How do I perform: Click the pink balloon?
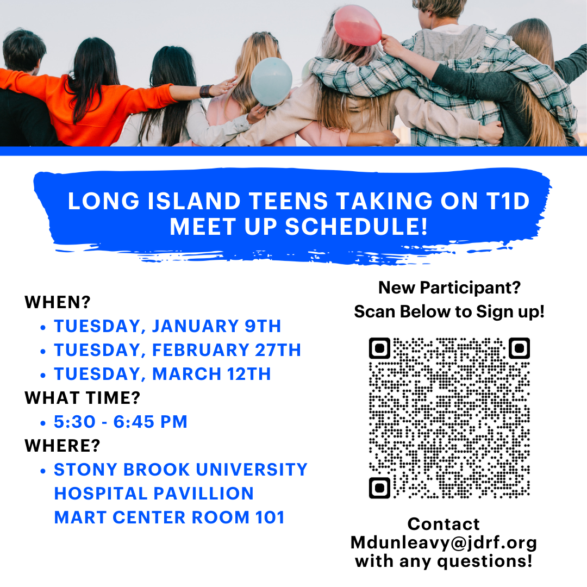point(357,26)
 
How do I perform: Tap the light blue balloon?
point(271,81)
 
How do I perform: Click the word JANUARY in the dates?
point(195,326)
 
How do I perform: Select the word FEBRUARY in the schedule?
point(200,350)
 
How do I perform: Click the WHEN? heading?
point(58,302)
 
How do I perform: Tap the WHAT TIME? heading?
point(83,398)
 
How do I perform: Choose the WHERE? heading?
point(63,446)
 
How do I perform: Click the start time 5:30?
point(74,422)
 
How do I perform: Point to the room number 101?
point(270,517)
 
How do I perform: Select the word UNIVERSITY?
point(252,470)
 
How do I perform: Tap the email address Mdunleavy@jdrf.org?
point(444,543)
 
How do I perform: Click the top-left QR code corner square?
point(379,348)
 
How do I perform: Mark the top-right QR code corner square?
point(519,348)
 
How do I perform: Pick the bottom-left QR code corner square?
point(379,488)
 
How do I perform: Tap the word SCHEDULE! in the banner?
point(357,227)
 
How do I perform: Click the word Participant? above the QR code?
point(470,288)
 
